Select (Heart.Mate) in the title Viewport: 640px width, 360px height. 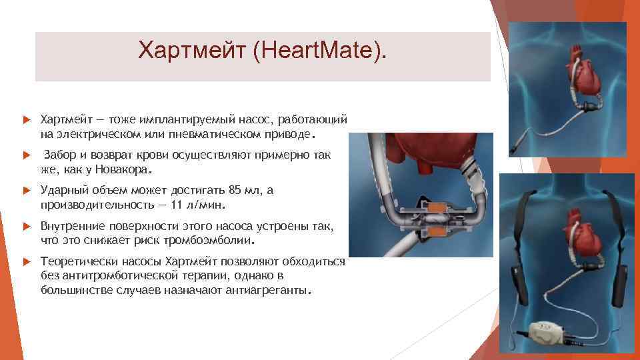tap(319, 50)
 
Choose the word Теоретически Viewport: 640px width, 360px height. tap(74, 261)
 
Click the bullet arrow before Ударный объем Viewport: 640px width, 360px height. tap(26, 191)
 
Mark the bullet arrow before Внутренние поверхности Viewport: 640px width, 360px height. tap(26, 226)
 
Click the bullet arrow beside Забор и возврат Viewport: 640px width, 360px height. tap(26, 155)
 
